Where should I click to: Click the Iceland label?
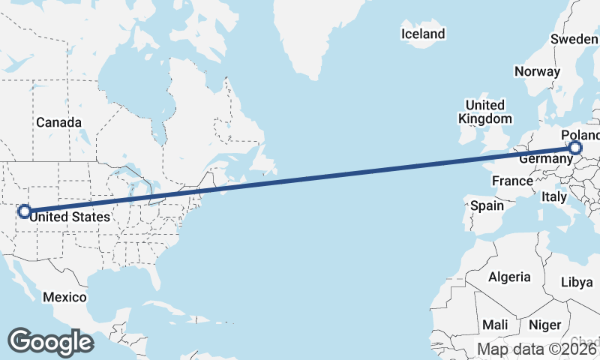(x=423, y=34)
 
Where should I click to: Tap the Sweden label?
(x=574, y=39)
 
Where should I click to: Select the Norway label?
(x=537, y=71)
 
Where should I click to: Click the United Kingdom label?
(x=485, y=112)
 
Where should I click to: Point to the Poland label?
(x=582, y=135)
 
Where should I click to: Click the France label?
(x=512, y=181)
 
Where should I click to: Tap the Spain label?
(x=487, y=205)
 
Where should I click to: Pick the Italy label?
(x=553, y=196)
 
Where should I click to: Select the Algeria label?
(x=509, y=277)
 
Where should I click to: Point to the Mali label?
(x=495, y=325)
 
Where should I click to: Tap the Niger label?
(x=544, y=325)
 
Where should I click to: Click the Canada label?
(x=58, y=122)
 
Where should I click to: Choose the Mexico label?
(x=64, y=297)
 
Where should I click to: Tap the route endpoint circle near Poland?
(x=575, y=148)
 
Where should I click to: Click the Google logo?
(x=50, y=341)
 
